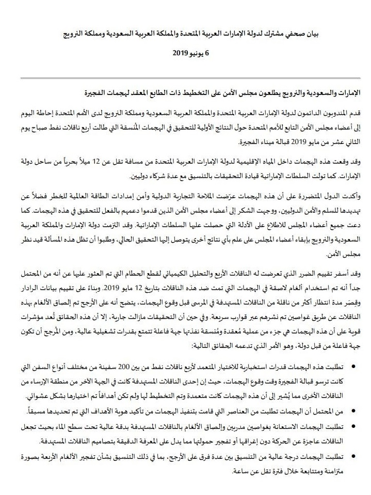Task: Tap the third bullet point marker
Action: tap(352, 424)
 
